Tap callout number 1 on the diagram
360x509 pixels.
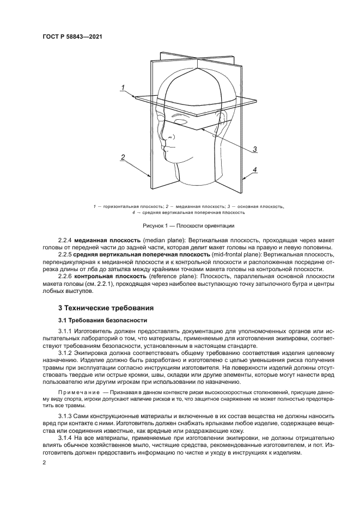[x=123, y=88]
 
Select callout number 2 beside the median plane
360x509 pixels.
[x=123, y=157]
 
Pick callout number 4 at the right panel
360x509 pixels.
[x=254, y=170]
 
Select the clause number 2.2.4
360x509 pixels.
[x=65, y=240]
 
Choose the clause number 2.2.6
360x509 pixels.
[x=65, y=277]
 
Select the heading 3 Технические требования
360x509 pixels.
[x=102, y=308]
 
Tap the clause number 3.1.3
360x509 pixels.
[x=65, y=416]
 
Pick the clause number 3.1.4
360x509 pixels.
[x=65, y=438]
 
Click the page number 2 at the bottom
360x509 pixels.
[x=45, y=462]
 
